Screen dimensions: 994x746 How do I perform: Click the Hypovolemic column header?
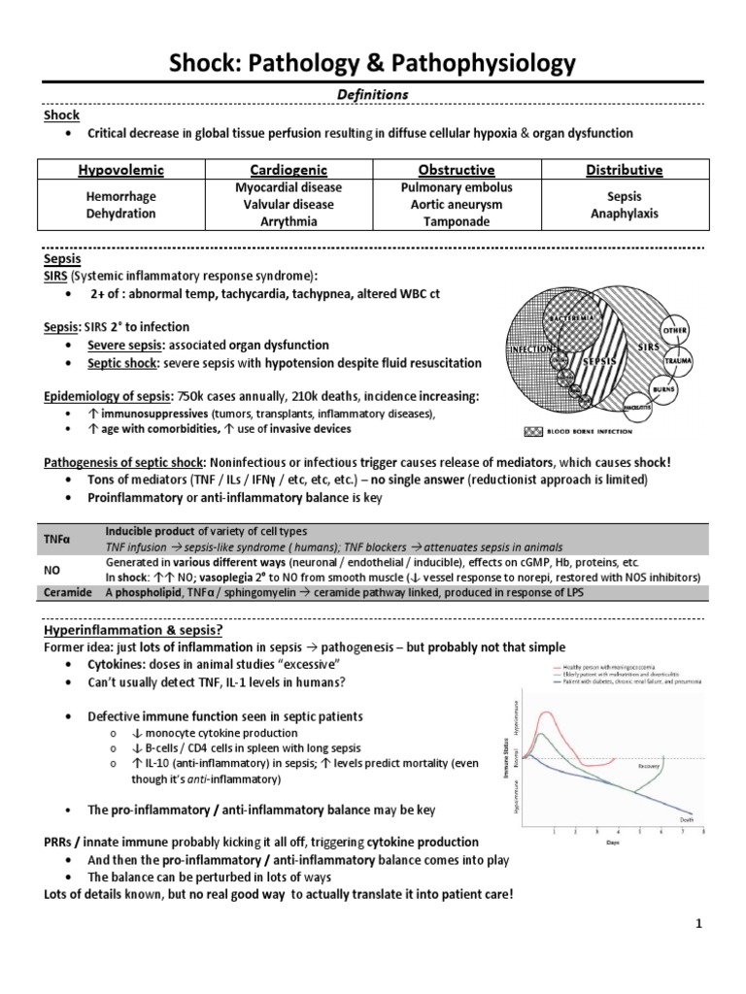click(121, 170)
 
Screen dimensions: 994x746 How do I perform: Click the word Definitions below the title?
click(373, 93)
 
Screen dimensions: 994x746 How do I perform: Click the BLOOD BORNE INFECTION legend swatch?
click(559, 430)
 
